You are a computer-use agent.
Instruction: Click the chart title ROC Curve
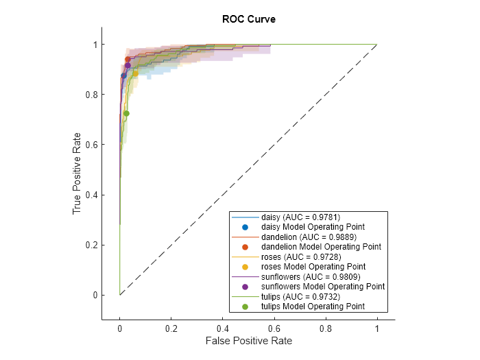(248, 19)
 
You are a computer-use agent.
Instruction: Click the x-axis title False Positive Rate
(248, 340)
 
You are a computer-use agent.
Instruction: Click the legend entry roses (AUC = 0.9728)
(301, 256)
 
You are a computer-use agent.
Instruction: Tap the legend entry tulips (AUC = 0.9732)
(301, 296)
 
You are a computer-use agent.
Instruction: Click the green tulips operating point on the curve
(126, 113)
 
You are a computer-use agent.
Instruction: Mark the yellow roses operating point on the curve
(136, 73)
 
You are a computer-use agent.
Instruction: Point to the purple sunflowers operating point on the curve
(128, 65)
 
